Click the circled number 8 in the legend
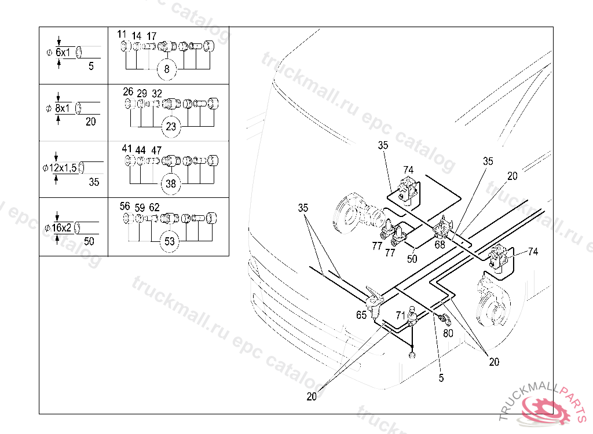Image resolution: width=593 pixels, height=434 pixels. tap(167, 69)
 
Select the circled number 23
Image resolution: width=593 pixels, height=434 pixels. tap(171, 126)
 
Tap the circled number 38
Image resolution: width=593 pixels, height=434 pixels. tap(171, 184)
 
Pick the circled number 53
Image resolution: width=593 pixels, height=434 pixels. tap(170, 241)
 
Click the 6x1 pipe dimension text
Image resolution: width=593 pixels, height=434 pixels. tap(63, 53)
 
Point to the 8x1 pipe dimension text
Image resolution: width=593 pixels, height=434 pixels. tap(63, 109)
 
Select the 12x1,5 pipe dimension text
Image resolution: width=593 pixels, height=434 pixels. tap(63, 168)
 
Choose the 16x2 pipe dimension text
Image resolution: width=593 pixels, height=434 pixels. tap(61, 227)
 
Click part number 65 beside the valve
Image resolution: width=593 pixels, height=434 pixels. tap(361, 315)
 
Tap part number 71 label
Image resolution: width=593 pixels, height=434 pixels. tap(401, 315)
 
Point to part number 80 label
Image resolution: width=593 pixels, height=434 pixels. tap(448, 333)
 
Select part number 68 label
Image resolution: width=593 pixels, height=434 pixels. tap(440, 245)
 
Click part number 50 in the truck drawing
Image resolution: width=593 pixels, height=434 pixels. tap(412, 259)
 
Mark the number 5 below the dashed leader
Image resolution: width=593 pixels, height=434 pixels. tap(441, 378)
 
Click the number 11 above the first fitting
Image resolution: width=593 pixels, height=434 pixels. tap(122, 34)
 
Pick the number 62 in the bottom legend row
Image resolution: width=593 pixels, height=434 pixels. tap(154, 207)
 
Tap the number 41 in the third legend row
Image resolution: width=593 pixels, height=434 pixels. tap(127, 149)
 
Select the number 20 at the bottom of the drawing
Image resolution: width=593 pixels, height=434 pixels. tap(312, 396)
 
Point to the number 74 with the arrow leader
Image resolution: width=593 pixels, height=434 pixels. tap(533, 251)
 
